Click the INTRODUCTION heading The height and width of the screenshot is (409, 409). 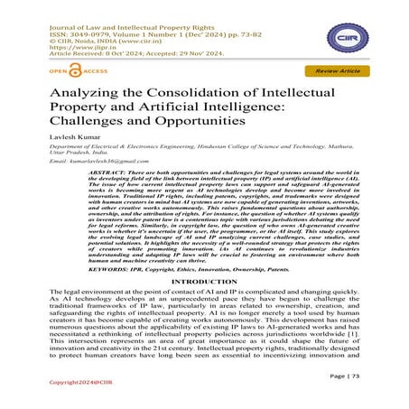204,308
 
